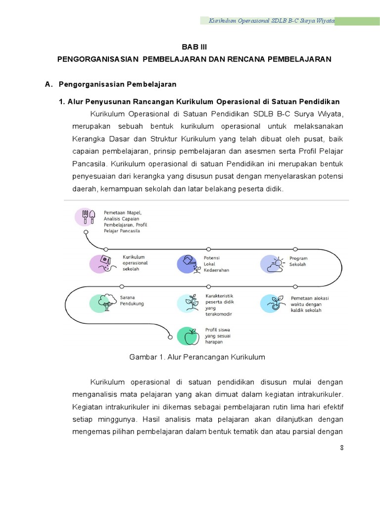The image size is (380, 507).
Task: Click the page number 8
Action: [x=341, y=448]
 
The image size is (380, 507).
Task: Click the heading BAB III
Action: [x=194, y=48]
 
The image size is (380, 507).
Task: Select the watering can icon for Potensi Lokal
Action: [x=188, y=263]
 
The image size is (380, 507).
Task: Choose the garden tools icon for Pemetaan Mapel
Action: [x=86, y=217]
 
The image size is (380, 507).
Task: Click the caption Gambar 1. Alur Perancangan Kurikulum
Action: [x=197, y=356]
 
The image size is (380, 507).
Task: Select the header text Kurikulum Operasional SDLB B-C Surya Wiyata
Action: [x=272, y=21]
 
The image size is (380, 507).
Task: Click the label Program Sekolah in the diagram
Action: [x=298, y=261]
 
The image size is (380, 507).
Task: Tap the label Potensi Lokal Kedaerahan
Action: [x=216, y=264]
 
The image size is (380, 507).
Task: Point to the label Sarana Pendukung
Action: [x=132, y=301]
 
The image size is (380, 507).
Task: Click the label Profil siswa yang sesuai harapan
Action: [x=218, y=335]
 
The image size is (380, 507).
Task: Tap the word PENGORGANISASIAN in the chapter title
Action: [x=97, y=59]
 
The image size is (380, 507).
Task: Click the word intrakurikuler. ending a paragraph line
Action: [x=320, y=394]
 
